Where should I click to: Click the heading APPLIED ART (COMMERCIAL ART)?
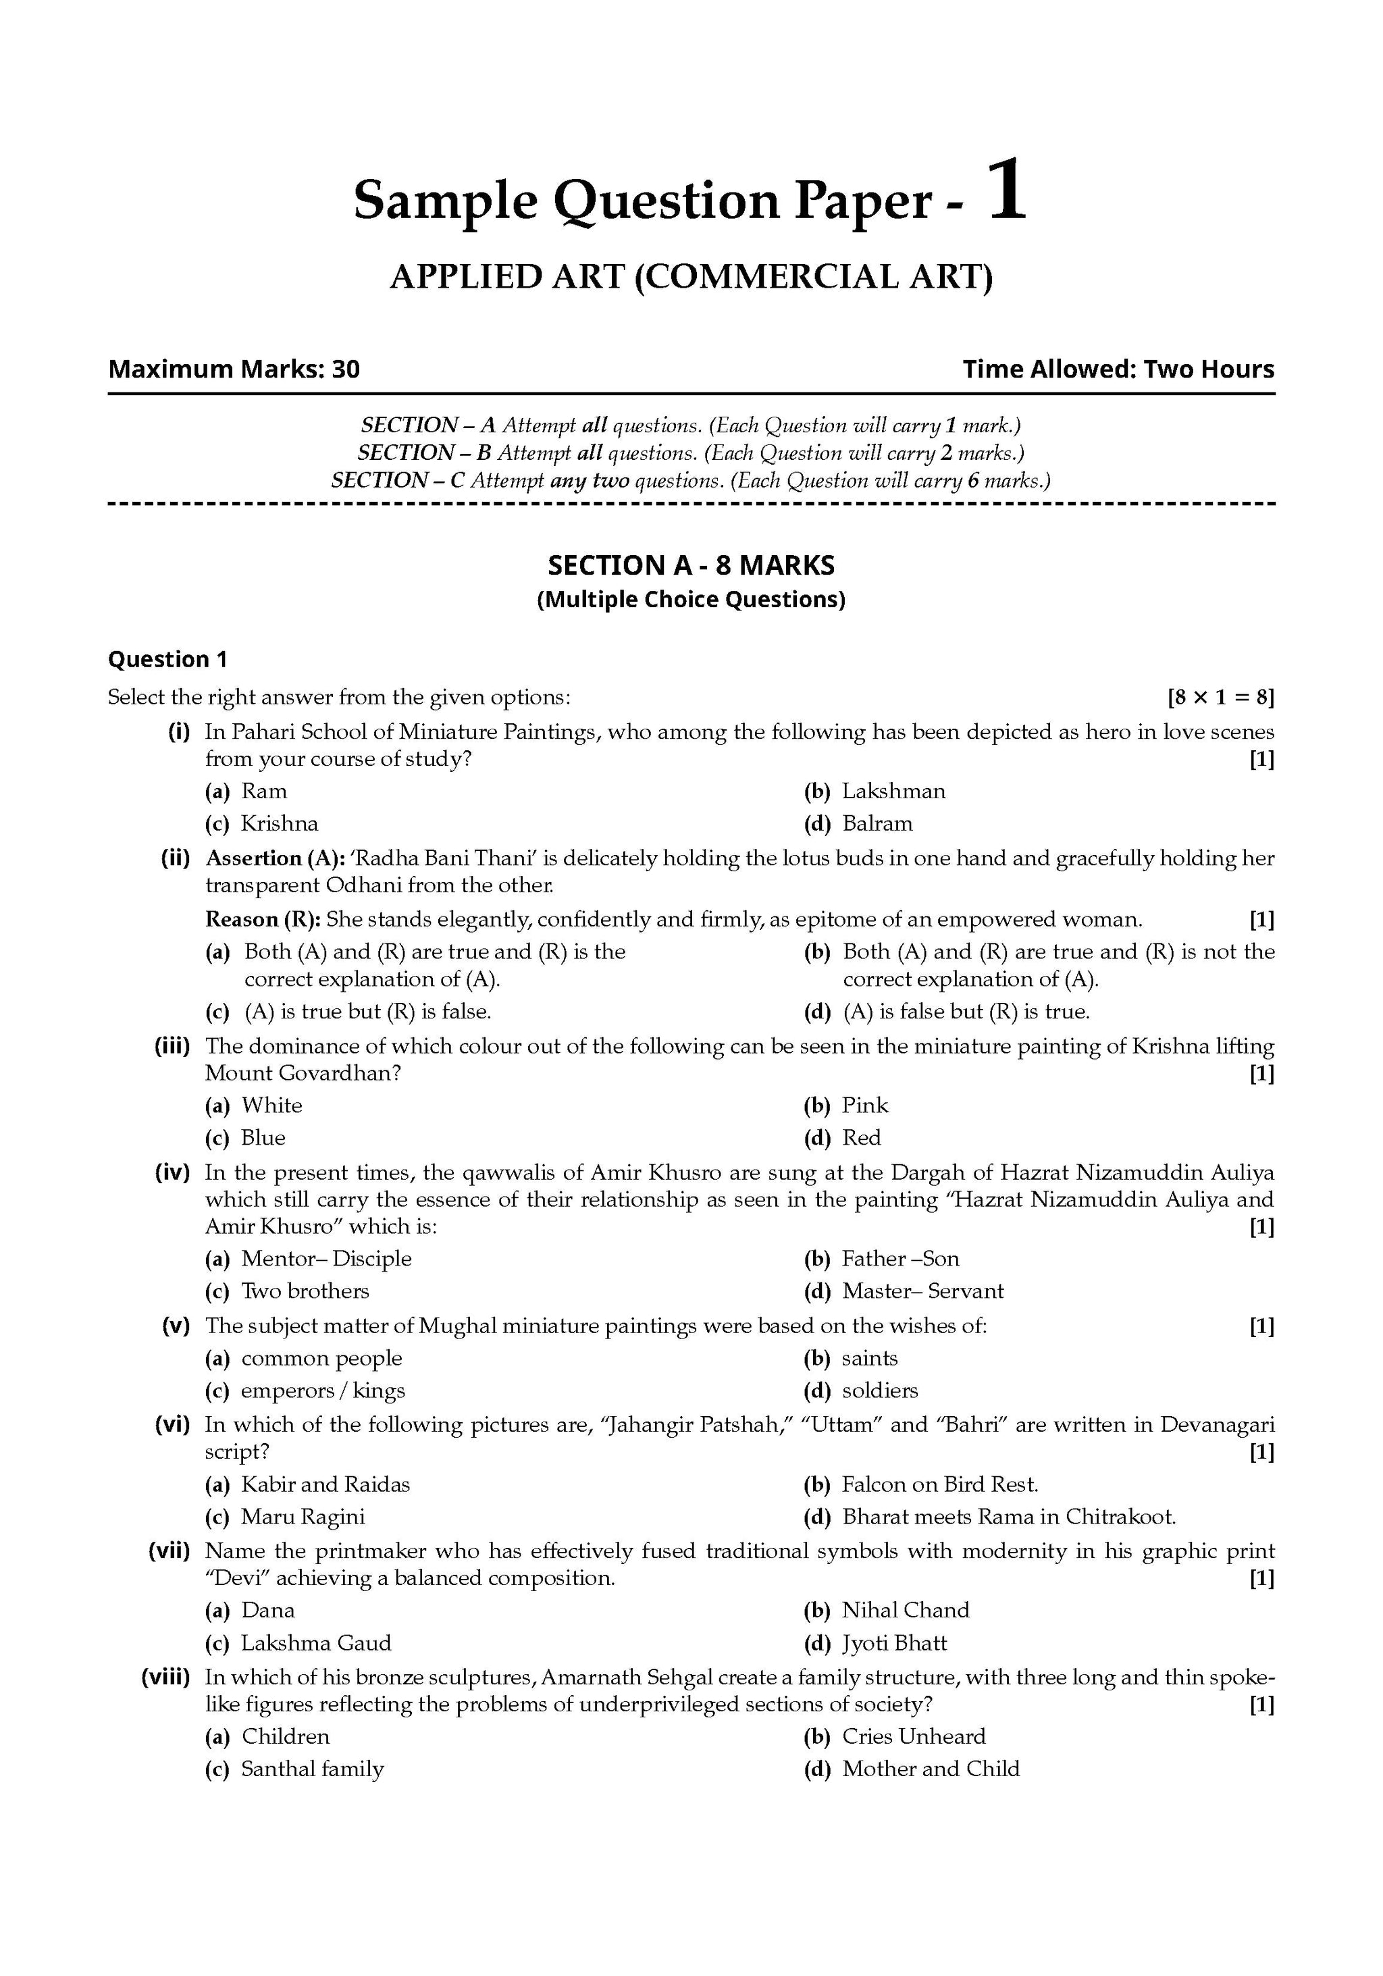691,277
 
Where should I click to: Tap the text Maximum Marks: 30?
234,369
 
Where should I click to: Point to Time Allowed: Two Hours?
1118,369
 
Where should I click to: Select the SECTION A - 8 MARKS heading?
691,565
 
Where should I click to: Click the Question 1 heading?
168,659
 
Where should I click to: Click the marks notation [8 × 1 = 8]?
1220,697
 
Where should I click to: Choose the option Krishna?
279,824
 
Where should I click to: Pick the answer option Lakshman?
893,791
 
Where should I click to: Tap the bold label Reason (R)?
263,919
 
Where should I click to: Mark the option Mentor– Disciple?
326,1258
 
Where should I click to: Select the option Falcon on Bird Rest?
940,1484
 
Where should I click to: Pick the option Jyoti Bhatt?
894,1643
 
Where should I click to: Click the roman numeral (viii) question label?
165,1678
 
